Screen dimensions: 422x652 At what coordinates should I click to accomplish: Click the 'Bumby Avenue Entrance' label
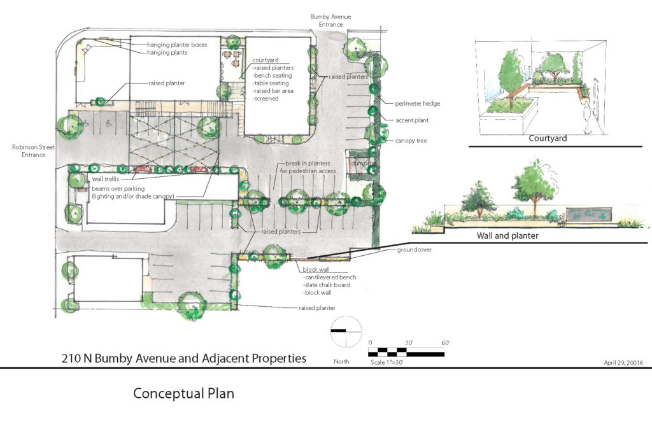(x=330, y=20)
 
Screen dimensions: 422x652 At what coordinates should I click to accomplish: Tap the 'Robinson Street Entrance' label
(x=29, y=151)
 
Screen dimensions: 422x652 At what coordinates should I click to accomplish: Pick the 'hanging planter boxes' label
(x=177, y=45)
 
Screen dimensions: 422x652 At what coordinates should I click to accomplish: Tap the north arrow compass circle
(x=346, y=331)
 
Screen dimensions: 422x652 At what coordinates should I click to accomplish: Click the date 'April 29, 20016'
(x=623, y=362)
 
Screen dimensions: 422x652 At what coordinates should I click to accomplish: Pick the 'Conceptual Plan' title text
(x=183, y=393)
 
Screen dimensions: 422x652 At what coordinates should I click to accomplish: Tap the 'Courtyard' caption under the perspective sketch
(x=548, y=138)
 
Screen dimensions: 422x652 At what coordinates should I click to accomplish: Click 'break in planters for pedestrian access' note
(x=308, y=167)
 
